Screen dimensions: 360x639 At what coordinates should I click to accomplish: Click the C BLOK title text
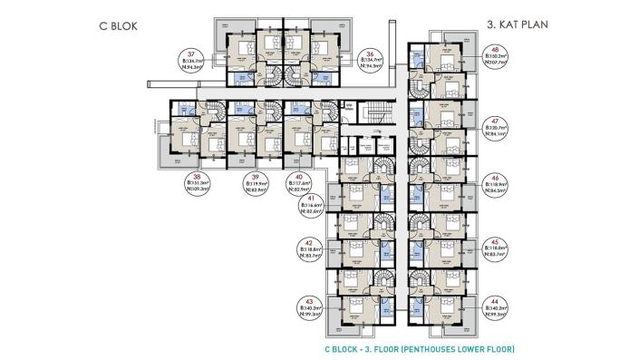click(x=120, y=25)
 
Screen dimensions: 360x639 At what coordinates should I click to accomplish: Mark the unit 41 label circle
click(x=312, y=207)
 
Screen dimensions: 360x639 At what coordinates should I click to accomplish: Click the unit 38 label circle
click(x=197, y=184)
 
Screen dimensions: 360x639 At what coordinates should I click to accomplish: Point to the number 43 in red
click(x=311, y=301)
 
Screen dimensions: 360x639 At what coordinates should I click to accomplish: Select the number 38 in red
click(x=197, y=176)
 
